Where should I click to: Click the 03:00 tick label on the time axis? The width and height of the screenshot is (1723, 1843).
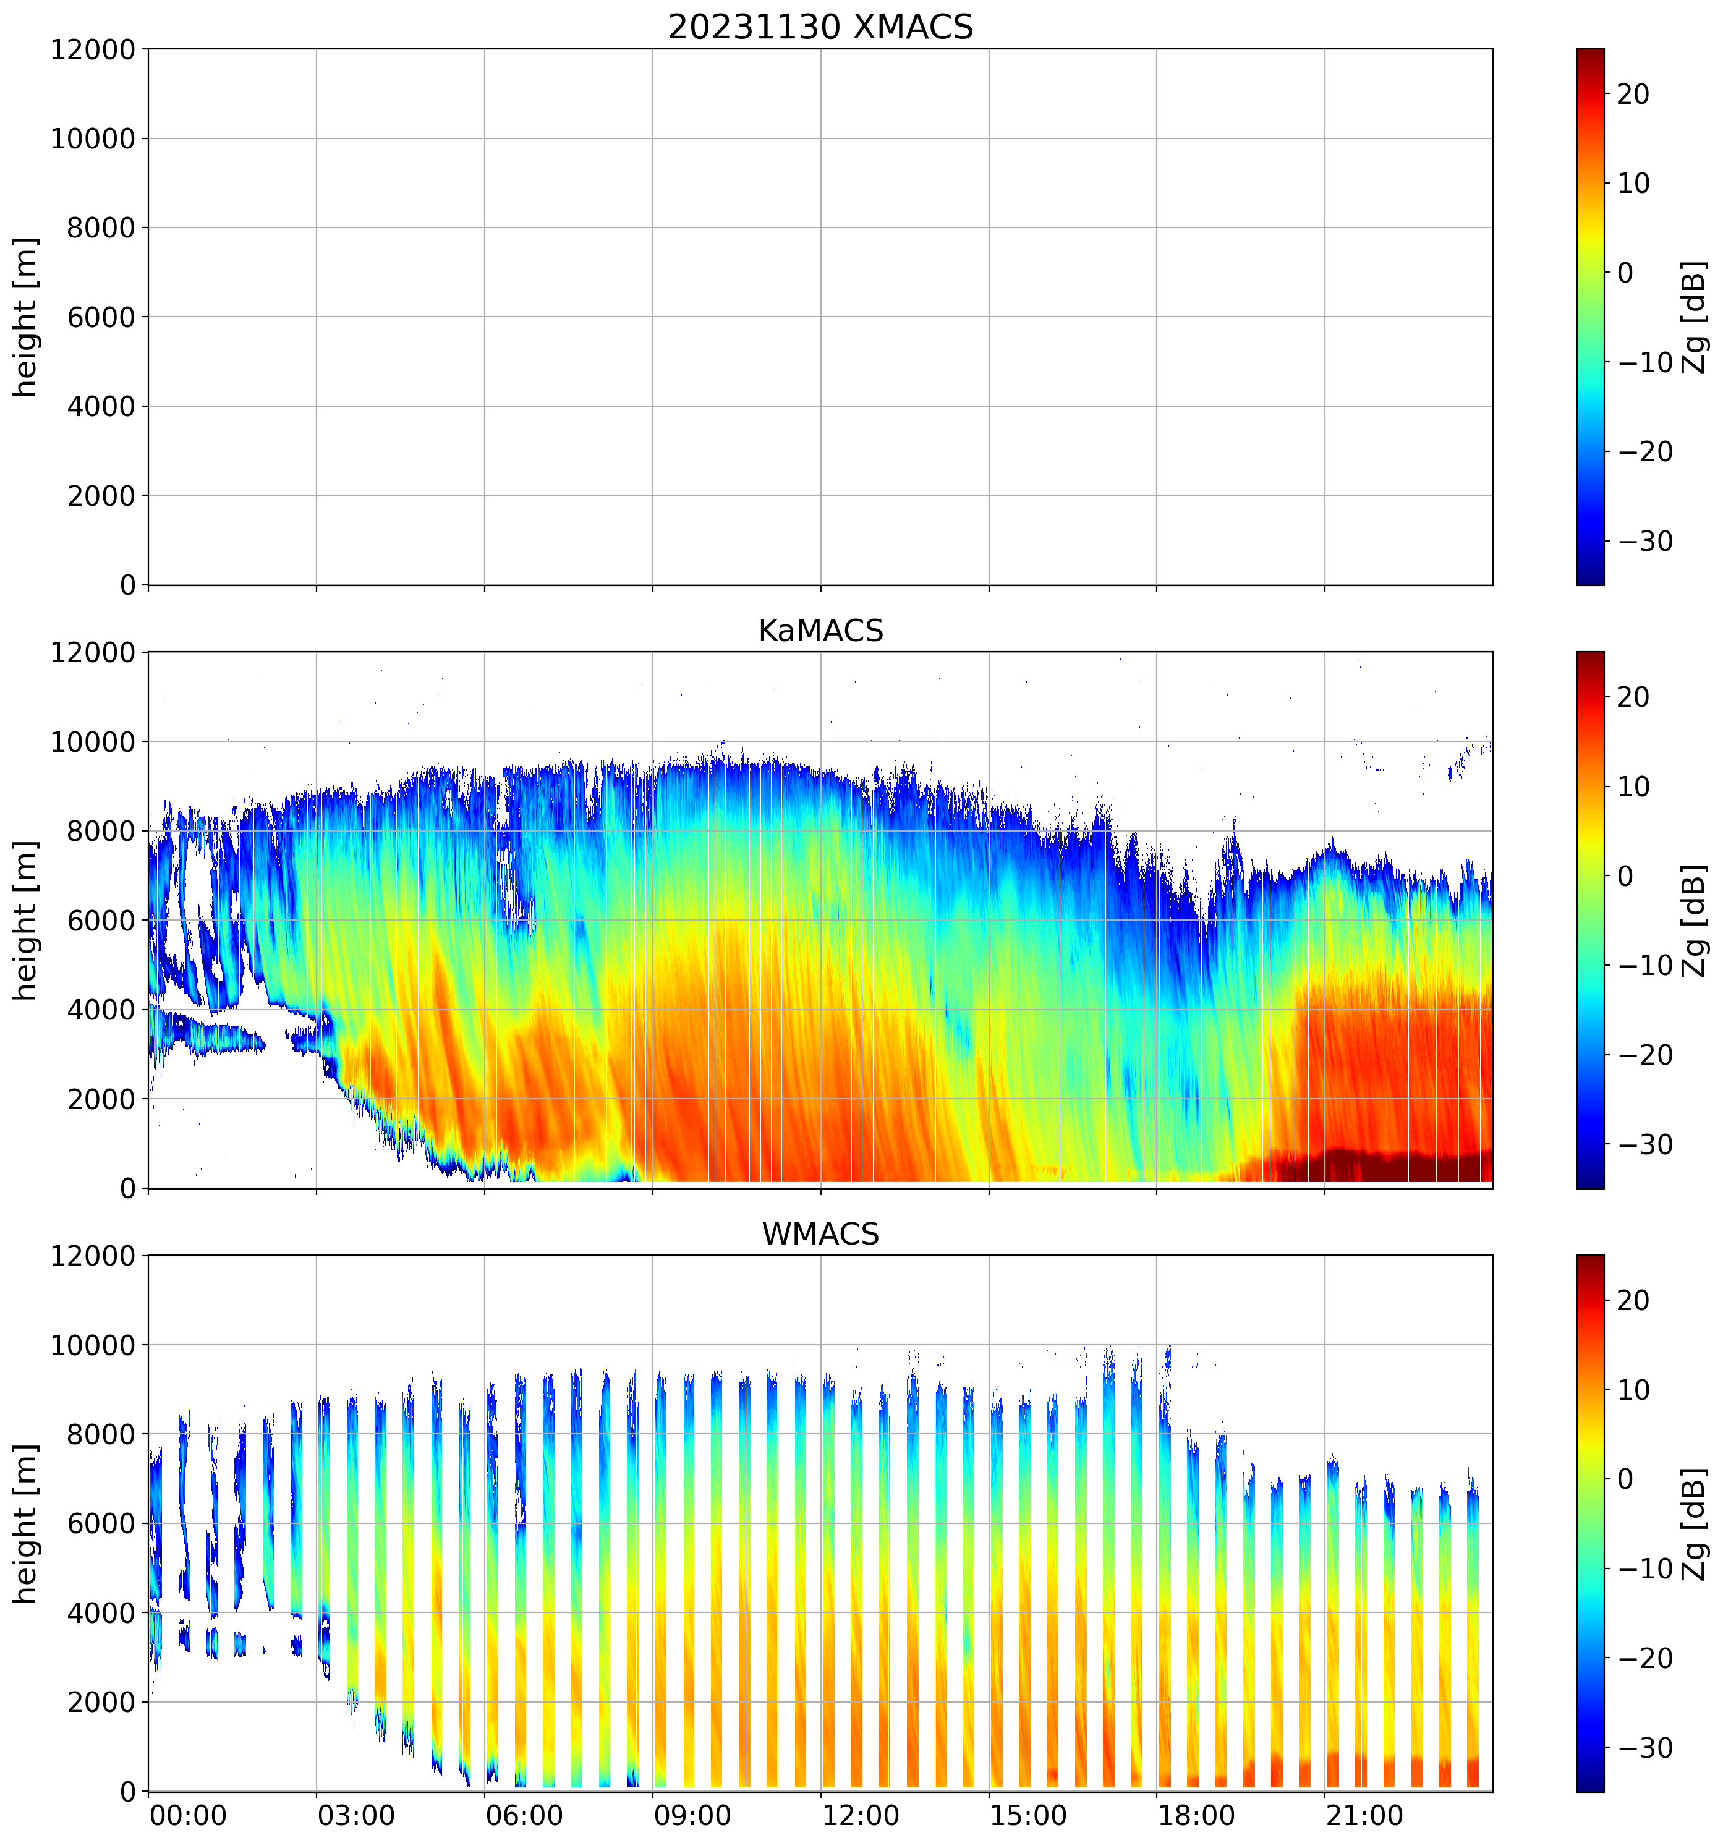[356, 1815]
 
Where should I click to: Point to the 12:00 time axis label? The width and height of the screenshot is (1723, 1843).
[860, 1815]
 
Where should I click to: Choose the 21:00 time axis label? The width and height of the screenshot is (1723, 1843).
[1364, 1815]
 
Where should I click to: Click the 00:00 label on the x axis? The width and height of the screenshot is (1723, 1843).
[188, 1815]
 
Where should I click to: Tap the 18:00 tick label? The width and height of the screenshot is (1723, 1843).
[1196, 1815]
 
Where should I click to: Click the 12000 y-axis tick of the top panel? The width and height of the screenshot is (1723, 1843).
[93, 50]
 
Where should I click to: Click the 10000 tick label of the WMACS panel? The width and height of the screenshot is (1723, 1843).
[93, 1345]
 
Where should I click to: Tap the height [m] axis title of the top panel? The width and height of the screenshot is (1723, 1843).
[26, 317]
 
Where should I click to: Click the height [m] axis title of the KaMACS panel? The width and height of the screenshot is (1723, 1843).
[26, 921]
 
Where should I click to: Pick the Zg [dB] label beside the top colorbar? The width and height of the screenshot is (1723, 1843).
[1695, 317]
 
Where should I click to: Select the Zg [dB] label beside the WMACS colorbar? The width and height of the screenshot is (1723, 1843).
[1695, 1524]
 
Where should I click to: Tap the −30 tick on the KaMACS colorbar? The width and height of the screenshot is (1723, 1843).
[1645, 1145]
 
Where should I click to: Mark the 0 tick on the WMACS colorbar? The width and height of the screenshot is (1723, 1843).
[1624, 1479]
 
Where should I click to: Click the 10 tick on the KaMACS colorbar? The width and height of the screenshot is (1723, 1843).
[1633, 787]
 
